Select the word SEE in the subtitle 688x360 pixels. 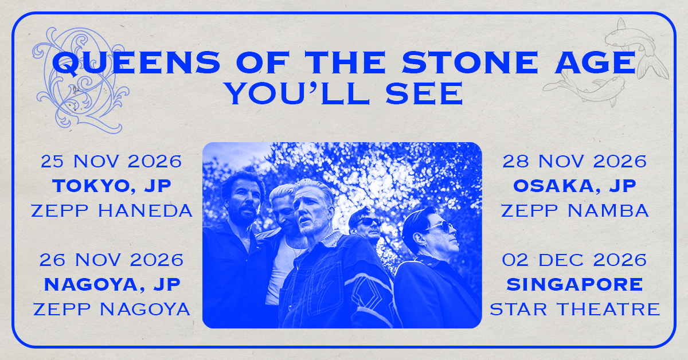pyautogui.click(x=424, y=93)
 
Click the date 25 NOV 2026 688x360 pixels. pyautogui.click(x=111, y=162)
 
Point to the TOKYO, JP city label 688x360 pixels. pyautogui.click(x=112, y=186)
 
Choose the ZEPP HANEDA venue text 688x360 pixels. pyautogui.click(x=112, y=211)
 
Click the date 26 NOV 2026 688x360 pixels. pyautogui.click(x=111, y=260)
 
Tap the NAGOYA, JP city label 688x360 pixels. pyautogui.click(x=112, y=284)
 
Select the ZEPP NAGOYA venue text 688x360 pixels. pyautogui.click(x=112, y=309)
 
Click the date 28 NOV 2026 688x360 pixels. pyautogui.click(x=574, y=162)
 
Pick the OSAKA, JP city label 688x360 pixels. pyautogui.click(x=574, y=186)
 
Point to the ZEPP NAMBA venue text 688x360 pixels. pyautogui.click(x=575, y=211)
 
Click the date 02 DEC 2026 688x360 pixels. pyautogui.click(x=574, y=260)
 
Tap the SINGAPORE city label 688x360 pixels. pyautogui.click(x=574, y=284)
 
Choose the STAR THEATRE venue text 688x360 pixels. pyautogui.click(x=575, y=309)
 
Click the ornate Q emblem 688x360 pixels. pyautogui.click(x=80, y=80)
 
